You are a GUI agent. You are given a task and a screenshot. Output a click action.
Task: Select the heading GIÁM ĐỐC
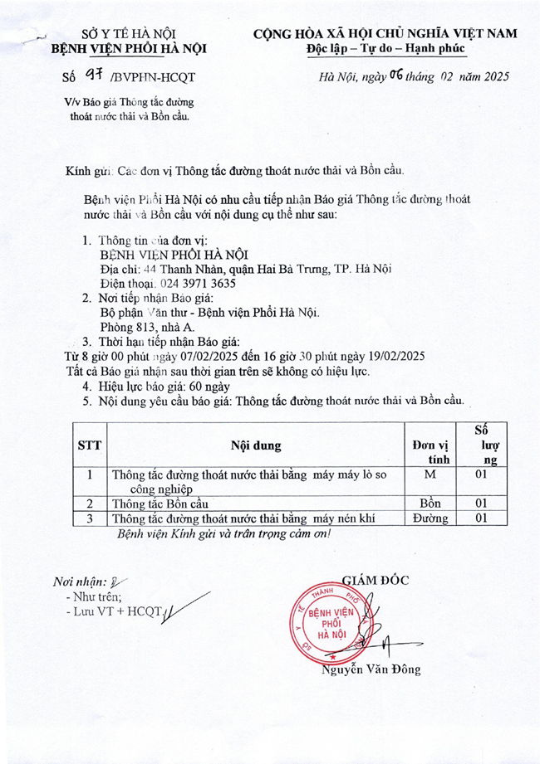[376, 580]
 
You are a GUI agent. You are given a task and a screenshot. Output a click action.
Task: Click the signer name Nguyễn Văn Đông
[371, 669]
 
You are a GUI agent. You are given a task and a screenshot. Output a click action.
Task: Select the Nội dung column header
[256, 445]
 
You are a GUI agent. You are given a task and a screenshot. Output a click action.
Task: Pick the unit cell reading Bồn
[430, 504]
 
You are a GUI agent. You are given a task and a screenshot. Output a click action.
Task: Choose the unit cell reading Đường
[430, 518]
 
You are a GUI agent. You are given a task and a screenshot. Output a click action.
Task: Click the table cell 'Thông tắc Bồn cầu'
[160, 504]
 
